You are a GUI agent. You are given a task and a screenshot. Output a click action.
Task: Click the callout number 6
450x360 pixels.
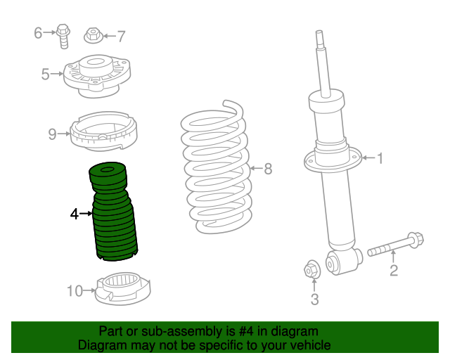tap(39, 32)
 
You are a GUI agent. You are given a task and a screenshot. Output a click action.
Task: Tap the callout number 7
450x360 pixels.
tap(121, 36)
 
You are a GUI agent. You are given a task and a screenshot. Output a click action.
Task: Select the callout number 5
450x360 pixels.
tap(46, 74)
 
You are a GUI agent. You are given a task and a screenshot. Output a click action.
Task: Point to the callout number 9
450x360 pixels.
tap(52, 134)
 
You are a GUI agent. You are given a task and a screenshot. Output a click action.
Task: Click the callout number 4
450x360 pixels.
tap(74, 213)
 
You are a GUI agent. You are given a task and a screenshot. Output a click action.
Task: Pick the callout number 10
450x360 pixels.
tap(75, 290)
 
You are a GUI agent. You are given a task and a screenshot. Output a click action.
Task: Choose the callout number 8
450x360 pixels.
tap(267, 169)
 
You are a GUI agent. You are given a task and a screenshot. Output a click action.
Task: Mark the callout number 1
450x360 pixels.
tap(380, 159)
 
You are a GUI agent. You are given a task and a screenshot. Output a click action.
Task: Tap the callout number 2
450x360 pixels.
tap(394, 270)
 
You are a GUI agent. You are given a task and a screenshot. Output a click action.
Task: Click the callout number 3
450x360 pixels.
tap(314, 300)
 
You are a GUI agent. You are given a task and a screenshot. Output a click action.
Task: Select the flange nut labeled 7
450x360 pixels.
tap(94, 34)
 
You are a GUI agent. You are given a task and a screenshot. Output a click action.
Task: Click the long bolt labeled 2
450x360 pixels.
tap(394, 245)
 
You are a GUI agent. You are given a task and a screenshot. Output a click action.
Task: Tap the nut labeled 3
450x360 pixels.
tap(311, 269)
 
